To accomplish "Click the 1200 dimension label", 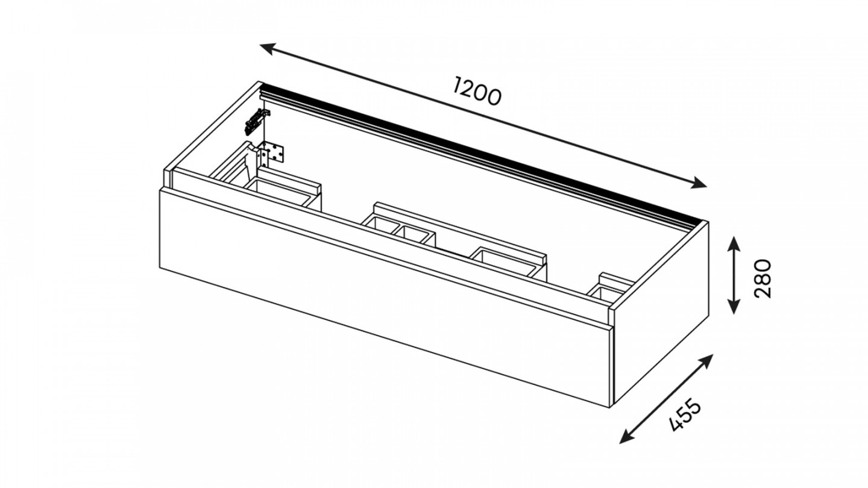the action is click(477, 92).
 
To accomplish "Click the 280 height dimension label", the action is click(763, 278).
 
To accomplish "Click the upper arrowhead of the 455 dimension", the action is click(706, 361).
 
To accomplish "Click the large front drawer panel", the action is click(385, 298).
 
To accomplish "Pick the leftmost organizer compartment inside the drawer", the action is click(280, 192).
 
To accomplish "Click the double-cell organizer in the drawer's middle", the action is click(399, 231).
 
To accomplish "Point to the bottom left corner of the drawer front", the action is click(160, 268).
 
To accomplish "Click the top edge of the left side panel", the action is click(212, 125).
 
